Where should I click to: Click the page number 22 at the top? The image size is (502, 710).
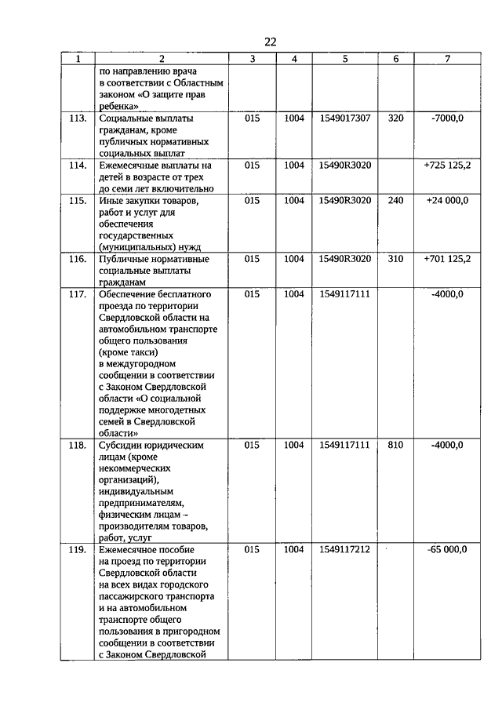[x=270, y=41]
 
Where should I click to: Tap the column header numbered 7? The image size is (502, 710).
[x=447, y=59]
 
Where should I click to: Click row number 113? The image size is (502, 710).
[x=77, y=118]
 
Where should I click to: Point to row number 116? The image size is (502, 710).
[x=77, y=258]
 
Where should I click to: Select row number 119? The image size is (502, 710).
[x=77, y=549]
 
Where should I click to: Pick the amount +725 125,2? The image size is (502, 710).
[x=447, y=166]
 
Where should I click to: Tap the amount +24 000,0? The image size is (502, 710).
[x=447, y=200]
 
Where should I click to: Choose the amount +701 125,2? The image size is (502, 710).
[x=447, y=258]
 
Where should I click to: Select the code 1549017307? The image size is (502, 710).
[x=345, y=118]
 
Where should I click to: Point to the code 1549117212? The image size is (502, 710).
[x=345, y=549]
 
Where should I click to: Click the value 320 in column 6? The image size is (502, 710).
[x=395, y=118]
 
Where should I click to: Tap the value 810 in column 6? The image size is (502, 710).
[x=395, y=445]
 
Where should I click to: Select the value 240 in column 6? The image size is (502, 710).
[x=395, y=200]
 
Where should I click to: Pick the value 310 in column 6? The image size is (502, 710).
[x=395, y=258]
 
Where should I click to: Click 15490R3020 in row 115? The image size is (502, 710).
[x=345, y=200]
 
